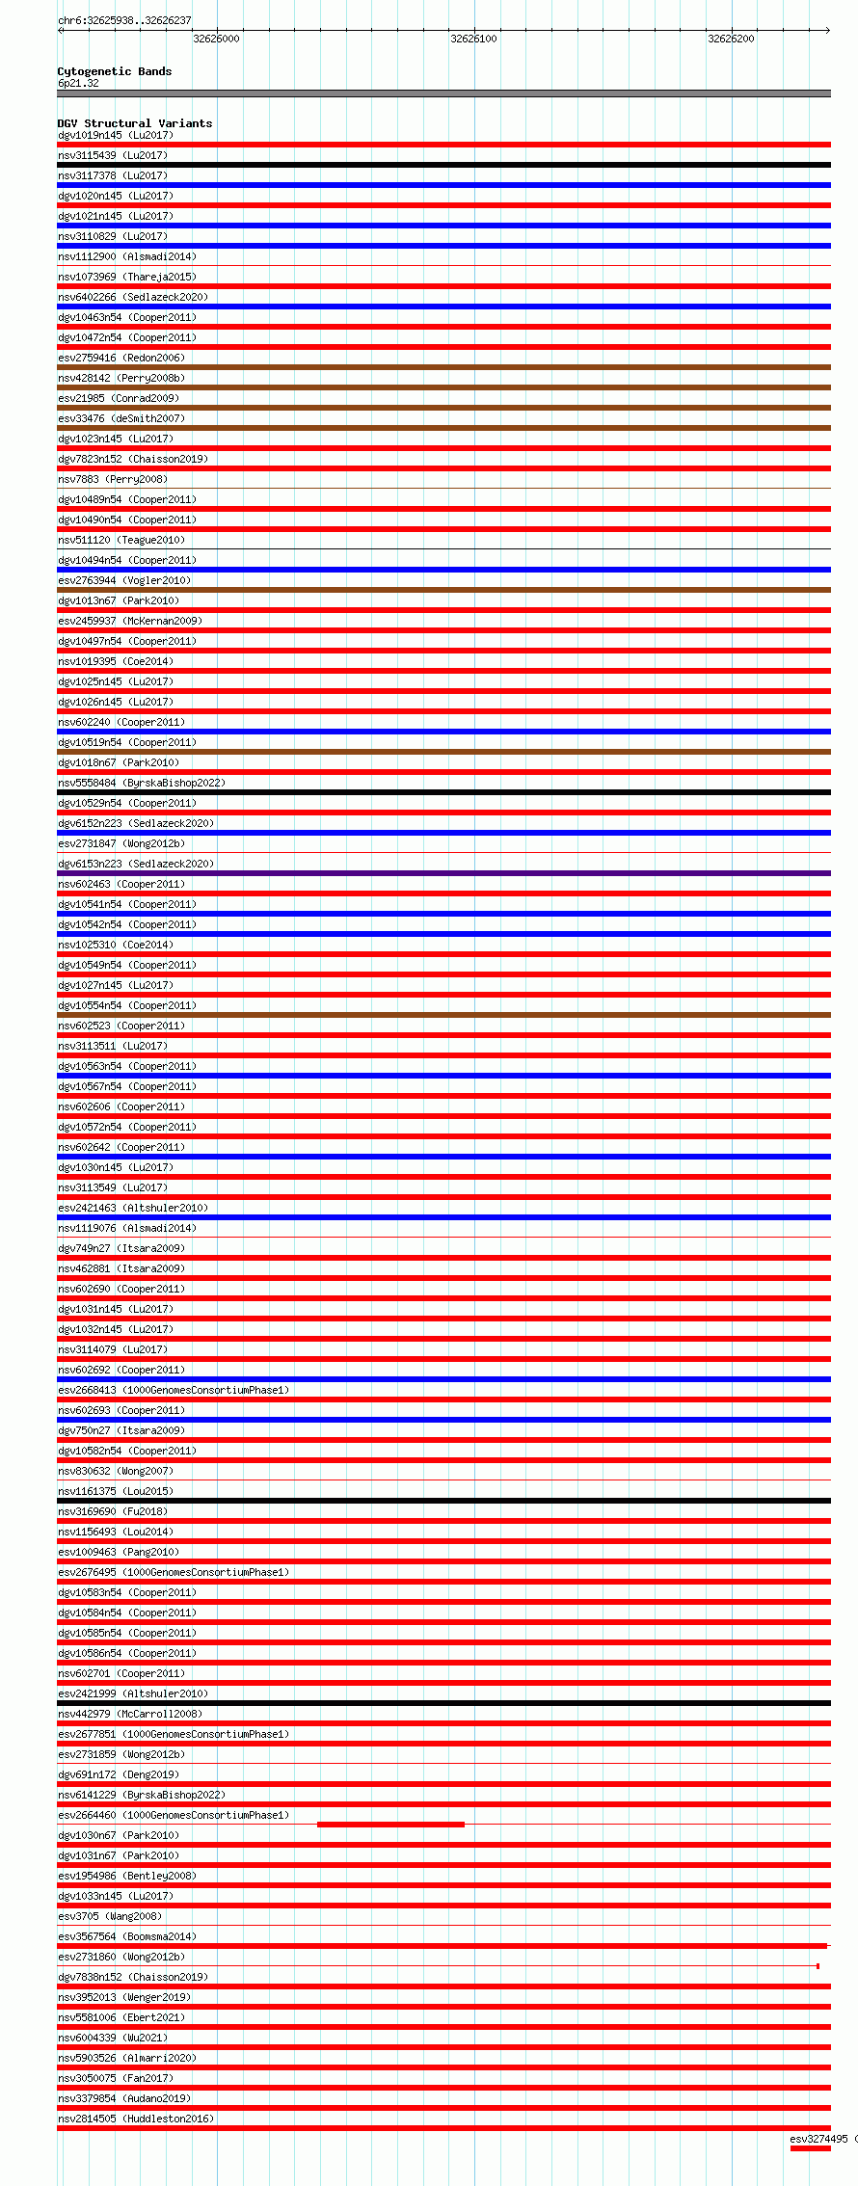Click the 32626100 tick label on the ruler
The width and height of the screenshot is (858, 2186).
click(x=473, y=39)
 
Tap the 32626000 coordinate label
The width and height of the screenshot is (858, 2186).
click(x=216, y=39)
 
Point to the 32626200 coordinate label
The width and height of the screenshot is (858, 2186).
click(x=731, y=39)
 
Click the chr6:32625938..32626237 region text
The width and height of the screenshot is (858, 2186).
click(x=124, y=20)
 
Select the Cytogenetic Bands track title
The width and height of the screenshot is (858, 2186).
click(x=115, y=71)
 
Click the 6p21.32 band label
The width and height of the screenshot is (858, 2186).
click(x=78, y=83)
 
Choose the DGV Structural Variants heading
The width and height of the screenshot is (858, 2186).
click(x=135, y=123)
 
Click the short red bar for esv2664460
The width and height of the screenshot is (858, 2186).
click(x=390, y=1825)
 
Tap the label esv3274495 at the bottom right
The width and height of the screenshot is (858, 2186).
click(x=818, y=2139)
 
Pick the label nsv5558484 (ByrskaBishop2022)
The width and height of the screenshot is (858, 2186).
click(x=142, y=783)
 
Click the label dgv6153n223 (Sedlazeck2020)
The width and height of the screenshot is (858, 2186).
click(x=136, y=864)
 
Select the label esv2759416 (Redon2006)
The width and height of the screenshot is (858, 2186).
click(x=121, y=358)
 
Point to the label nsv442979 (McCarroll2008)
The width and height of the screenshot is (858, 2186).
click(x=130, y=1714)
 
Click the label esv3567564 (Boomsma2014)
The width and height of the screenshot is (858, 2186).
click(x=127, y=1936)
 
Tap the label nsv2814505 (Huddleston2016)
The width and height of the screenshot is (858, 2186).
click(x=136, y=2119)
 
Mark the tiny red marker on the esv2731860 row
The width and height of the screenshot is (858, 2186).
click(x=818, y=1966)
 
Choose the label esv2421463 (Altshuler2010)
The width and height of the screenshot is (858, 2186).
click(x=133, y=1208)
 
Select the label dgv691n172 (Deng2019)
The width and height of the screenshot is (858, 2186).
click(x=119, y=1774)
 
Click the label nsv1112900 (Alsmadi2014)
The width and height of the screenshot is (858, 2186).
click(x=127, y=256)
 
